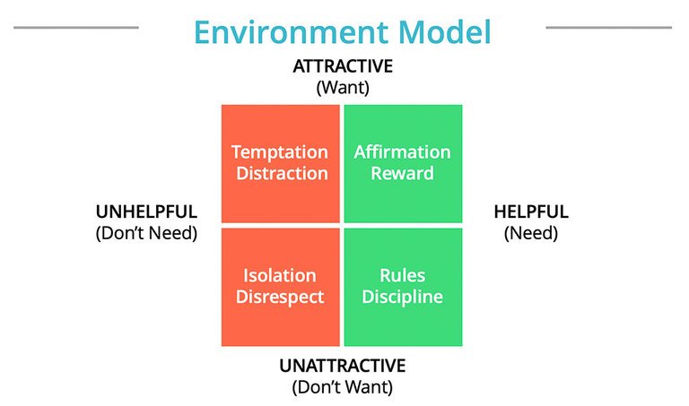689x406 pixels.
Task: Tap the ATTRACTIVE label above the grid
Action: tap(344, 67)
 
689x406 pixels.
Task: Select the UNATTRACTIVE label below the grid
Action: tap(343, 367)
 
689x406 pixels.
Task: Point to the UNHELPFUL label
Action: tap(146, 212)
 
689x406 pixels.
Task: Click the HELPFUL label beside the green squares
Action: tap(531, 212)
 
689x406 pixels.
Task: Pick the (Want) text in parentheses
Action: tap(344, 88)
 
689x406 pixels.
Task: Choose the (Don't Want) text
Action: tap(343, 387)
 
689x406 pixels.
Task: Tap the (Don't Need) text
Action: tap(146, 233)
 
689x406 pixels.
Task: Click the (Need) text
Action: tap(531, 233)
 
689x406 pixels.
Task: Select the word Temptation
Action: tap(280, 152)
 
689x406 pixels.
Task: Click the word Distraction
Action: tap(280, 173)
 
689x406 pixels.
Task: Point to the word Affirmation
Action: tap(402, 152)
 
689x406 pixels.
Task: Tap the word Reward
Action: tap(402, 173)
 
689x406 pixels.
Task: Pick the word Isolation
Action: tap(280, 275)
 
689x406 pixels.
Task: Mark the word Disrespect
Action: tap(280, 296)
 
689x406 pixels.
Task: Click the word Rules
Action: tap(402, 275)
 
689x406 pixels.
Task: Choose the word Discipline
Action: tap(402, 296)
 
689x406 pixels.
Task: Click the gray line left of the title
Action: tap(76, 28)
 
